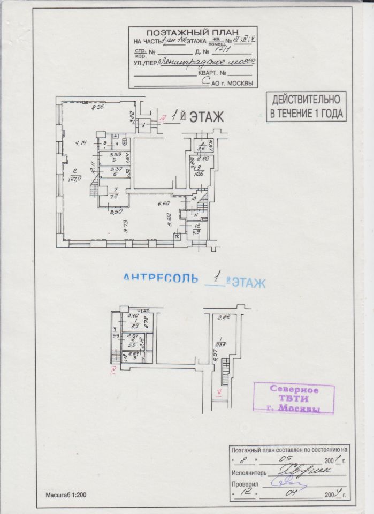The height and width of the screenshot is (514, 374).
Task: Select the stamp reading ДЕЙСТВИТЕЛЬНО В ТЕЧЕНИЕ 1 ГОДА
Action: point(306,106)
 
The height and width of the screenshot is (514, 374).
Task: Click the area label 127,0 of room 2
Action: point(74,179)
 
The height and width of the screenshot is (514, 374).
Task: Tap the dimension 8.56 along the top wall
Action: point(97,108)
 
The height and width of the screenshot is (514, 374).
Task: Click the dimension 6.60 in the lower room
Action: point(163,203)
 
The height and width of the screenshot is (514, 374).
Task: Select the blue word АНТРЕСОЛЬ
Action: point(161,278)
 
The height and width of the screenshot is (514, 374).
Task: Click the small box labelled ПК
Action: point(177,236)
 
